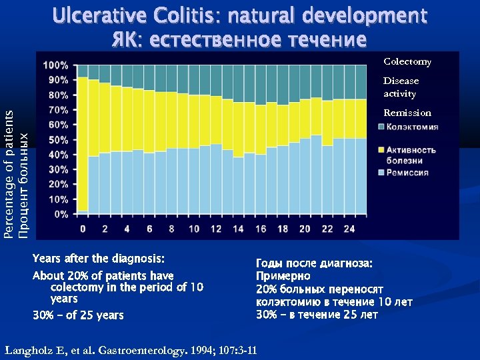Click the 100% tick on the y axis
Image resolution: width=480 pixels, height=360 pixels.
(56, 65)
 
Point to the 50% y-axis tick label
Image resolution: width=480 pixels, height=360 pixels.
(58, 140)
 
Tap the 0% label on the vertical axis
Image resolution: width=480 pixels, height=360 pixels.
(61, 214)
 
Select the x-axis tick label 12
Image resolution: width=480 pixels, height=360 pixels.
(215, 229)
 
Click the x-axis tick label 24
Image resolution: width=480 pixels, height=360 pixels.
(349, 229)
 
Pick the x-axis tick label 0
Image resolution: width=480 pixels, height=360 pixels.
(83, 229)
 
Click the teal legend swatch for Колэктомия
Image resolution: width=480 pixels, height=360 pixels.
(381, 127)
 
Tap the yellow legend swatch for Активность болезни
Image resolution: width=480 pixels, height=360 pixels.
(381, 149)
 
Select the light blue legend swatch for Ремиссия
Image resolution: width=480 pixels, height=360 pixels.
(381, 172)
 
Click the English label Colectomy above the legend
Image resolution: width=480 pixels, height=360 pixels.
(407, 62)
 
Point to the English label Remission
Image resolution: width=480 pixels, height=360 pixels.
(407, 113)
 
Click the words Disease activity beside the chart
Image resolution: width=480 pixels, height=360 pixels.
(401, 87)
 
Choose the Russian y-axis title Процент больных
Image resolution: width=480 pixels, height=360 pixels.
(24, 186)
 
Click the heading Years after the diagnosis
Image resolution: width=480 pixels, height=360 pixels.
(98, 259)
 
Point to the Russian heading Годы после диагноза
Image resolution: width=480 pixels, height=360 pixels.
(314, 263)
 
